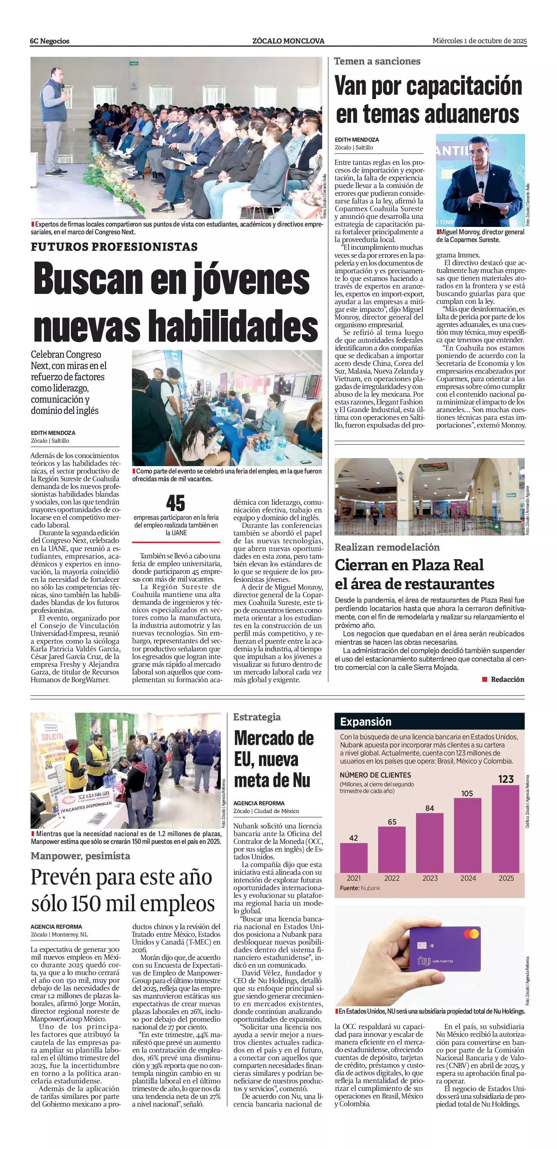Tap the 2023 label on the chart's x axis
click(x=430, y=878)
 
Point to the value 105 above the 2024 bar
click(x=467, y=793)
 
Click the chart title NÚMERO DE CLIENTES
click(x=375, y=775)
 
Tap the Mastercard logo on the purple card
click(x=471, y=934)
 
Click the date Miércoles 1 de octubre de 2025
click(x=479, y=41)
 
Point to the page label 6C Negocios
click(x=49, y=41)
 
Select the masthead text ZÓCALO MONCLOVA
click(x=288, y=41)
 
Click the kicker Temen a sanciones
click(x=377, y=61)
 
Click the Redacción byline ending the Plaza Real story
click(x=507, y=679)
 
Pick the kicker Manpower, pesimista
click(x=80, y=856)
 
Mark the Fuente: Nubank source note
click(x=360, y=888)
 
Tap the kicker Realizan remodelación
click(x=387, y=547)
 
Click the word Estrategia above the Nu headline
click(x=257, y=717)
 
